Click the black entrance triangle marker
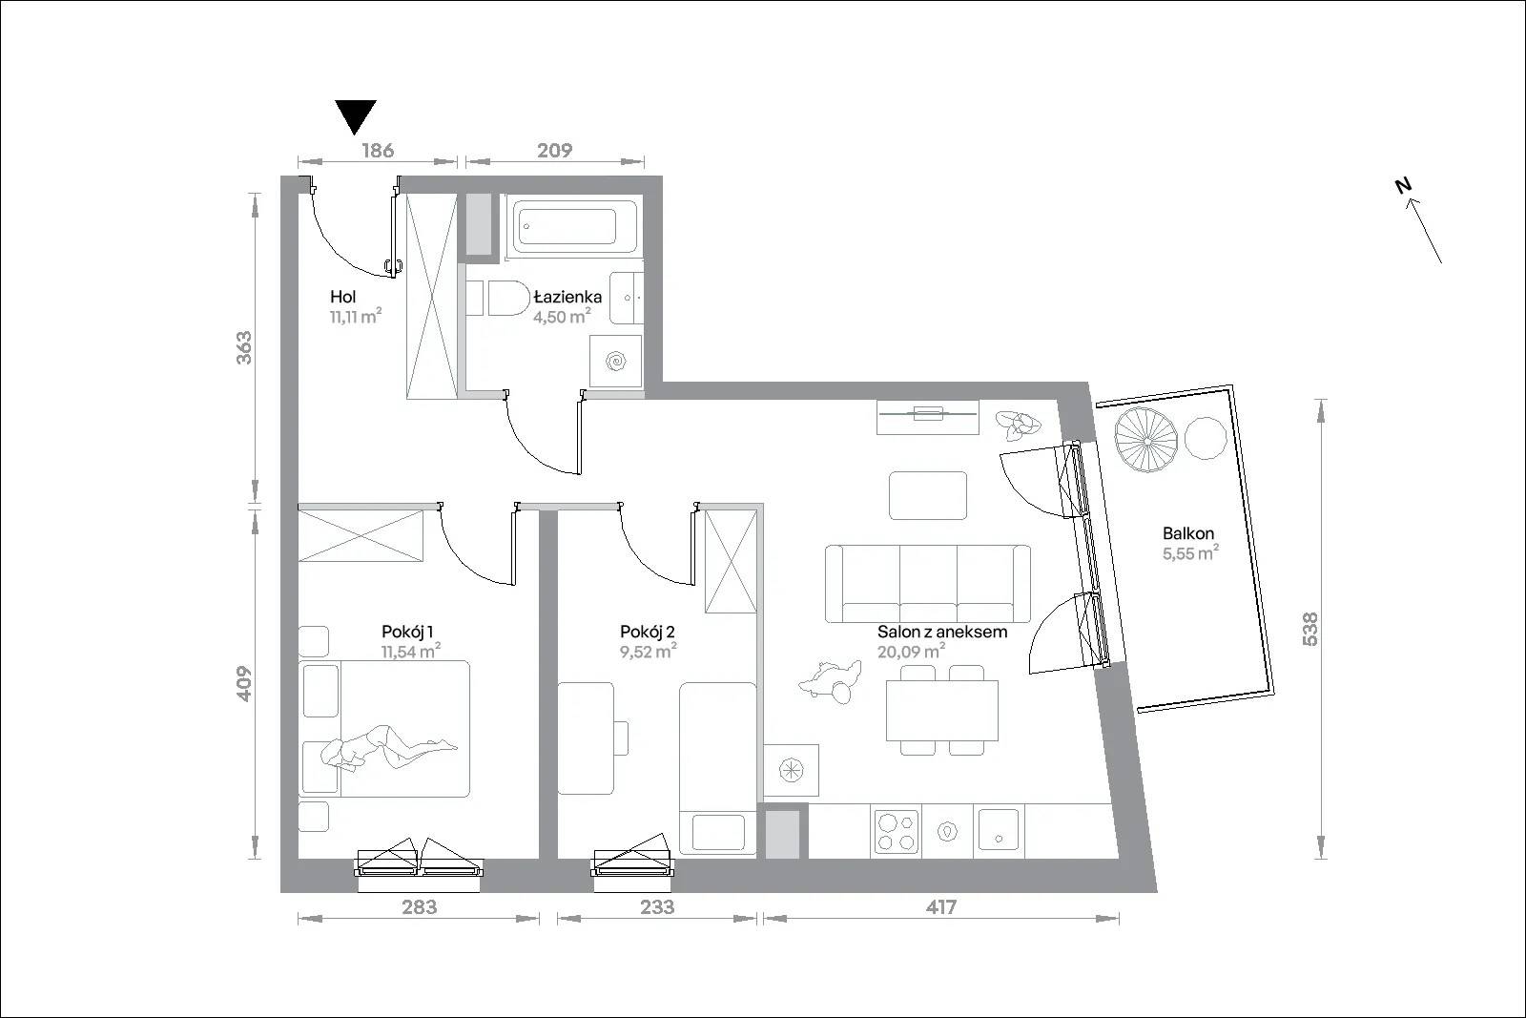tap(356, 114)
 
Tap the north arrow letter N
tap(1403, 185)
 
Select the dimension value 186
tap(378, 150)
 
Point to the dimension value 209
tap(554, 150)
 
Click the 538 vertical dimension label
tap(1309, 629)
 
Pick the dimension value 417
tap(940, 907)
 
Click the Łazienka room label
tap(567, 297)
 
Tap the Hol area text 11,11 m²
tap(356, 316)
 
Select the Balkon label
tap(1188, 533)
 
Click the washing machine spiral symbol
tap(616, 362)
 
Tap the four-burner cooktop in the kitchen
tap(896, 832)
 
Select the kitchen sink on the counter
tap(999, 830)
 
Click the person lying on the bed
tap(385, 747)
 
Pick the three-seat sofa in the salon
tap(928, 584)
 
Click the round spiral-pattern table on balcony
tap(1145, 440)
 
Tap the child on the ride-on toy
tap(830, 681)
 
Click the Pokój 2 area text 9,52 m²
tap(648, 652)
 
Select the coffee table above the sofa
tap(928, 495)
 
